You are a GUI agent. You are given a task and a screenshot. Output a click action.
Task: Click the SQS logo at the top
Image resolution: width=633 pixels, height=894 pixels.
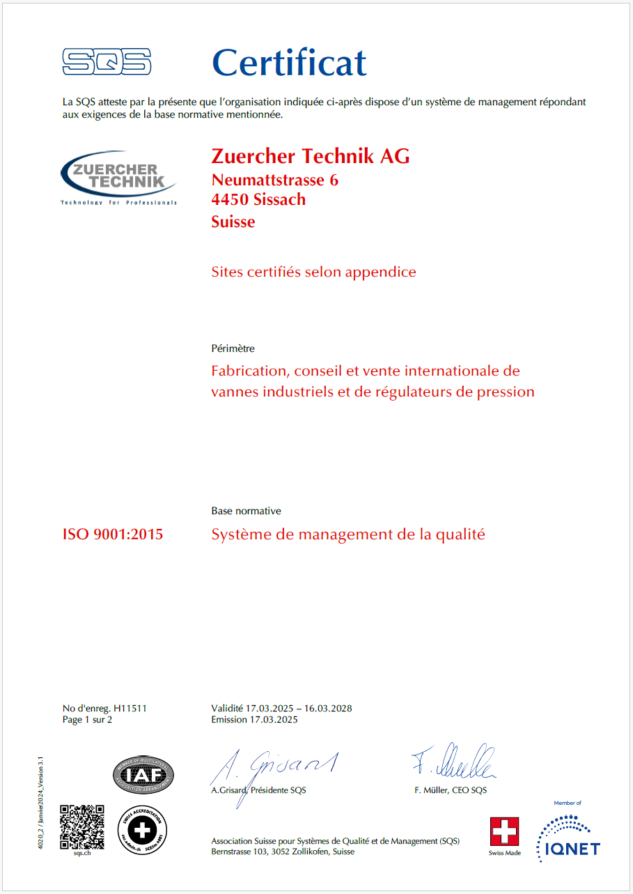(x=107, y=61)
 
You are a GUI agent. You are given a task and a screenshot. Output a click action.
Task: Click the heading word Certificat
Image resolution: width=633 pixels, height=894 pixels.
(x=289, y=63)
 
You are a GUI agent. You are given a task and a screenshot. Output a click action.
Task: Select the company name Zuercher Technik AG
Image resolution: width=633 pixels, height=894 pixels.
(x=311, y=156)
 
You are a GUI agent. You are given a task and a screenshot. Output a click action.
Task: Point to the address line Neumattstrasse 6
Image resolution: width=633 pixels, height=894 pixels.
(x=275, y=180)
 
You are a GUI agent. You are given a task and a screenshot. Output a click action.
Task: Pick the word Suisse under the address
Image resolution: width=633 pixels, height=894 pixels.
(x=233, y=222)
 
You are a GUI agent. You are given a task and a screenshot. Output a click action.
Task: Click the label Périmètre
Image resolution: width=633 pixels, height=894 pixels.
(x=233, y=348)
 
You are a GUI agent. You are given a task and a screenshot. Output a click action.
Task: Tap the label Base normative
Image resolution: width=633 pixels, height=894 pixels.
(x=246, y=511)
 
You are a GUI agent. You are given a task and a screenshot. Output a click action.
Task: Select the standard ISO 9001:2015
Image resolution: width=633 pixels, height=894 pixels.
(x=113, y=535)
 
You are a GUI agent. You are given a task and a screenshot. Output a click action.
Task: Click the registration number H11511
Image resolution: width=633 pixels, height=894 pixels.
(x=130, y=709)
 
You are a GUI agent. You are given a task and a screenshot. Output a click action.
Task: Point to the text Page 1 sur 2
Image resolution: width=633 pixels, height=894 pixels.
(x=87, y=720)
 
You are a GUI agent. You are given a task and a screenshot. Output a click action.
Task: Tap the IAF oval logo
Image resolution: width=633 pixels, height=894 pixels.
(x=143, y=775)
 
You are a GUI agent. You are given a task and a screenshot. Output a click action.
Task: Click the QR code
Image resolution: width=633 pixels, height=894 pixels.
(x=82, y=826)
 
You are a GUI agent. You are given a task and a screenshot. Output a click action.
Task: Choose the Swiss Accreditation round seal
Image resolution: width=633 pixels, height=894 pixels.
(x=142, y=827)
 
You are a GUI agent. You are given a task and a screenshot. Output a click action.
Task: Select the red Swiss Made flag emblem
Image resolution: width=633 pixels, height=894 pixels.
(x=505, y=832)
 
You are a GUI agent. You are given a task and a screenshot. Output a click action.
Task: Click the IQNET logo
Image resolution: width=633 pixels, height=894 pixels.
(x=568, y=836)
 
